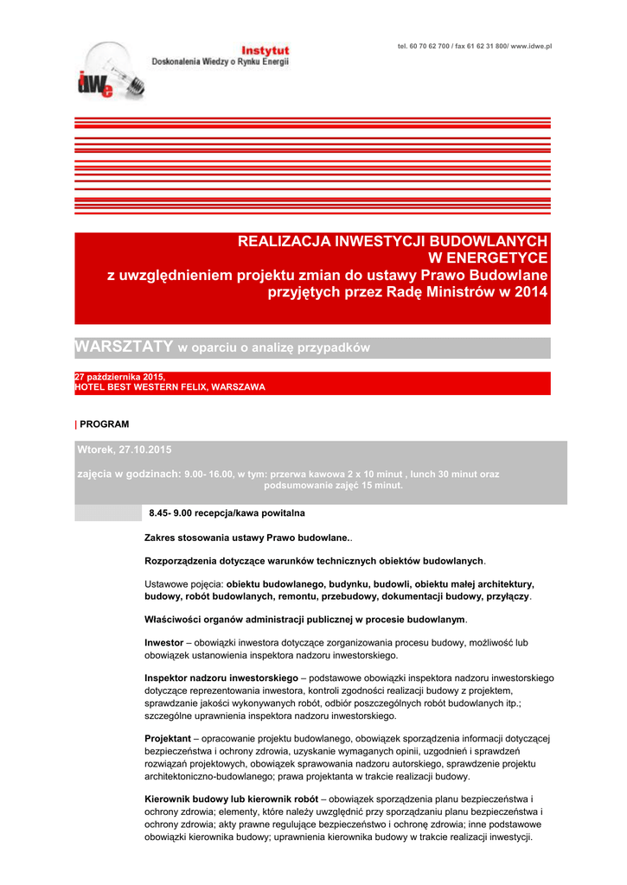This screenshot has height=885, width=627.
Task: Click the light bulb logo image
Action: tap(110, 71)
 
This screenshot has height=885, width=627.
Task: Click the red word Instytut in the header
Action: tap(265, 51)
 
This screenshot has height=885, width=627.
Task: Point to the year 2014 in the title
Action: tap(531, 292)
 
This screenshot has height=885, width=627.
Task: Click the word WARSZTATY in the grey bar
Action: tap(124, 347)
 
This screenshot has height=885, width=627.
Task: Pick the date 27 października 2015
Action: tap(119, 377)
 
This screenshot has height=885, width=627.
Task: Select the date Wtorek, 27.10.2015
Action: tap(125, 449)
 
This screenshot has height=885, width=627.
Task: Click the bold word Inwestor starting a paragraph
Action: tap(163, 643)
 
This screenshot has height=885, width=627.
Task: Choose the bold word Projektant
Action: tap(167, 738)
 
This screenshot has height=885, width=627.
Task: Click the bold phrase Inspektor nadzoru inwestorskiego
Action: tap(221, 678)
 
